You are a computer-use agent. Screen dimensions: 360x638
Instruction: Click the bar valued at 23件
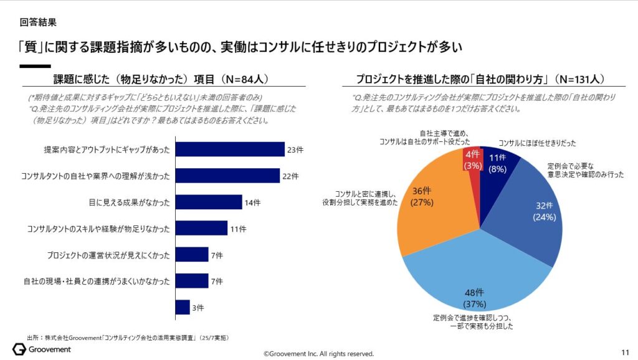point(230,149)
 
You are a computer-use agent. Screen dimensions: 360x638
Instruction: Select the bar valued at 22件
point(227,176)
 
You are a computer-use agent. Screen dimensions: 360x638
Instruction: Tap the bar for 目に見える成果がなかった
point(209,202)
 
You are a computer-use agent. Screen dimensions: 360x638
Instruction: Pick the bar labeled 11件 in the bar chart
point(201,229)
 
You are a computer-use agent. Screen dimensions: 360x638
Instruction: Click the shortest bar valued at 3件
point(183,307)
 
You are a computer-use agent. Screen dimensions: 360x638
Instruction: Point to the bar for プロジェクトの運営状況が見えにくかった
point(192,255)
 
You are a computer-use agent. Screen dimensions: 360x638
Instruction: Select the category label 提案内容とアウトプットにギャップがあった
point(107,150)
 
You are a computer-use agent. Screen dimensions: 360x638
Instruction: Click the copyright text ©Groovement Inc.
point(318,353)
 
